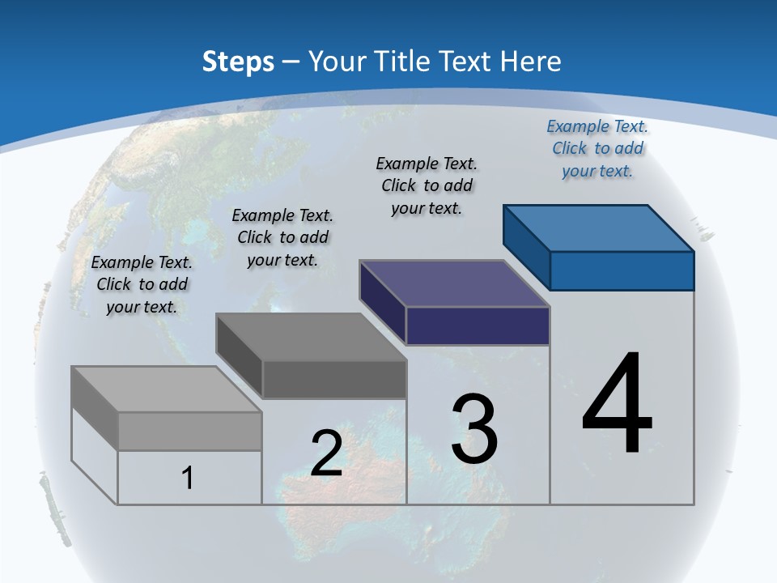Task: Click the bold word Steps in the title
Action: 238,62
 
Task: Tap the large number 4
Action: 617,404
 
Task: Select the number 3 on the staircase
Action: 474,428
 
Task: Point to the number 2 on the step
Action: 326,453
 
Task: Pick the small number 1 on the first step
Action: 188,479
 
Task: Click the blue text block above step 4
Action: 597,148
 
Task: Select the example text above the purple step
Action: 427,185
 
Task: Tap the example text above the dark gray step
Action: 282,237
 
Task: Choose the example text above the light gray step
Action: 142,284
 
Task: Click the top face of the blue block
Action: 598,228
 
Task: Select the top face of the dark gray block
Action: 311,337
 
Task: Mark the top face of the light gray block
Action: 167,389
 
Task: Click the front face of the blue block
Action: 622,270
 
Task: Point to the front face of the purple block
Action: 478,326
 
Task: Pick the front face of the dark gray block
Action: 334,379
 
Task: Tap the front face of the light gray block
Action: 189,431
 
